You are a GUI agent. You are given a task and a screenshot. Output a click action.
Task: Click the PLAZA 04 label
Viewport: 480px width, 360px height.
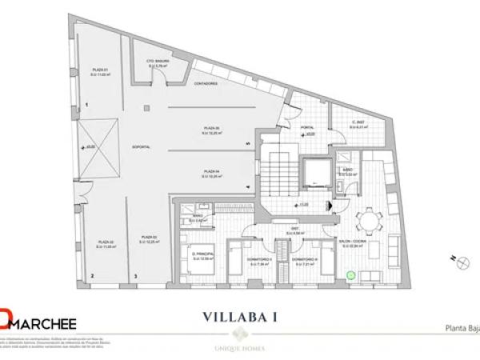211,169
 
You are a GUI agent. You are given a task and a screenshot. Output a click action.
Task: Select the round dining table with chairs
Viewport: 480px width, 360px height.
366,218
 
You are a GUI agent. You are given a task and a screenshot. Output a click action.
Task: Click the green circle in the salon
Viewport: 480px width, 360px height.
349,274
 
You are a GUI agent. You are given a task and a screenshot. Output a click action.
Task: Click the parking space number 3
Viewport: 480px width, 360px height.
136,277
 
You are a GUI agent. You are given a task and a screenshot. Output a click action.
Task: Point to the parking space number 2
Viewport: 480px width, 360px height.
93,277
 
